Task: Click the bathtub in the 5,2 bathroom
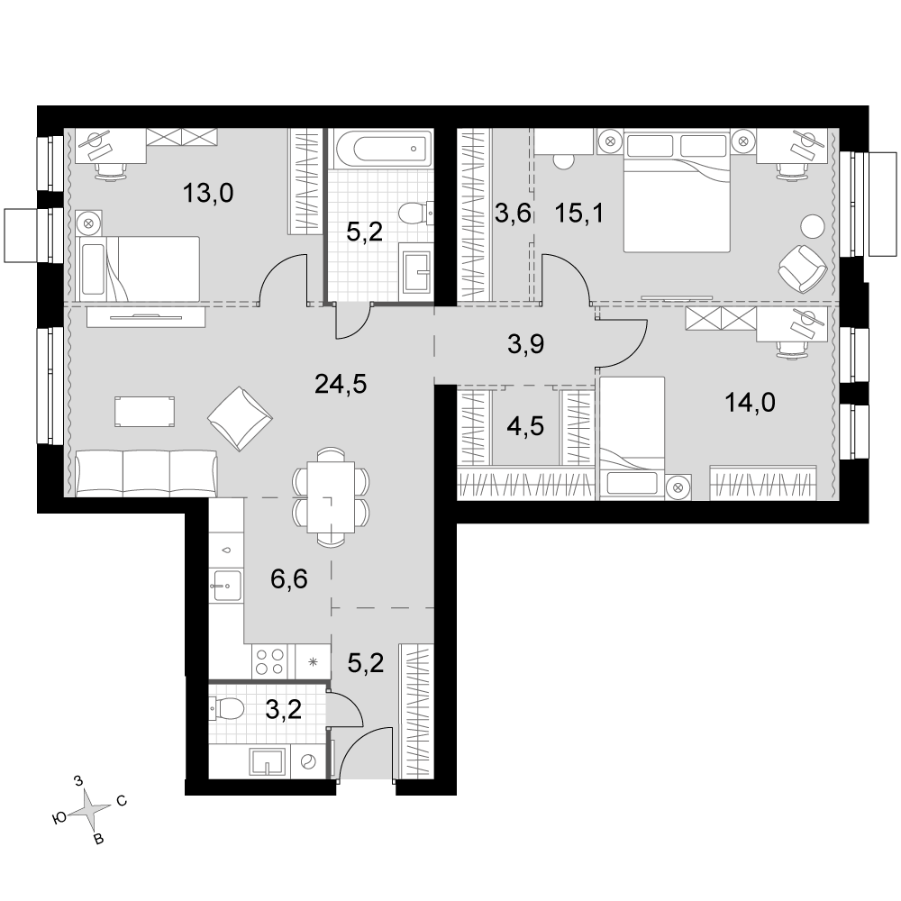[382, 149]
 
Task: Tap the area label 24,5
[341, 384]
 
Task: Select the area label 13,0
[208, 193]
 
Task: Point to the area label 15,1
[579, 214]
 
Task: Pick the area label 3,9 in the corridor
[526, 344]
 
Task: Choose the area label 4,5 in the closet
[526, 427]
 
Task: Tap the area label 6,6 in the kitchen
[289, 579]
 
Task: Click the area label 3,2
[283, 710]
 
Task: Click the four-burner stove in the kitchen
[269, 661]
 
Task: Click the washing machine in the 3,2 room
[308, 762]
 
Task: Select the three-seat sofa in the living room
[147, 474]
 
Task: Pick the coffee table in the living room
[144, 412]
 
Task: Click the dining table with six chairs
[331, 496]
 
